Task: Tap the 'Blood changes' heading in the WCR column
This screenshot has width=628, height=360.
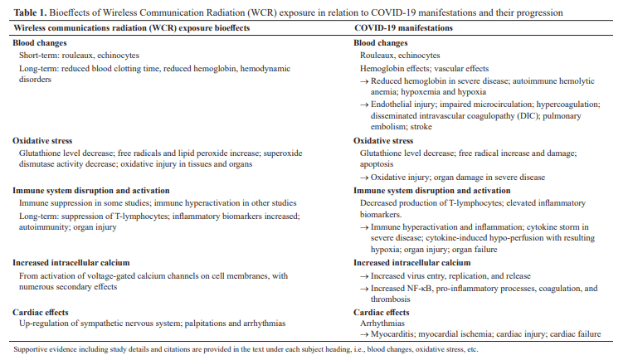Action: click(x=39, y=43)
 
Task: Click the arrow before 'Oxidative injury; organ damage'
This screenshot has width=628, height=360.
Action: click(x=365, y=177)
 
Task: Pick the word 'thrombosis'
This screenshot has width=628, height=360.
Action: click(x=392, y=299)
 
